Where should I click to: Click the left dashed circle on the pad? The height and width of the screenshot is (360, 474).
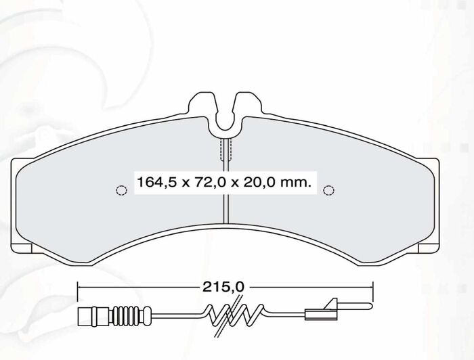(121, 190)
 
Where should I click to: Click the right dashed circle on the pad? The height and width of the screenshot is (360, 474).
(328, 190)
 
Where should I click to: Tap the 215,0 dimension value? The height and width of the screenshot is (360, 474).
(223, 287)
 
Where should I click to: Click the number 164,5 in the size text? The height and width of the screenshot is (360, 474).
(156, 183)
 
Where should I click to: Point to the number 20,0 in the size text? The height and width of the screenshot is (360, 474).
(258, 183)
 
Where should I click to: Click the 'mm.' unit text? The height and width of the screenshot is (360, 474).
(296, 183)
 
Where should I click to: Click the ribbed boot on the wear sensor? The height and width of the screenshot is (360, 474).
(127, 317)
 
